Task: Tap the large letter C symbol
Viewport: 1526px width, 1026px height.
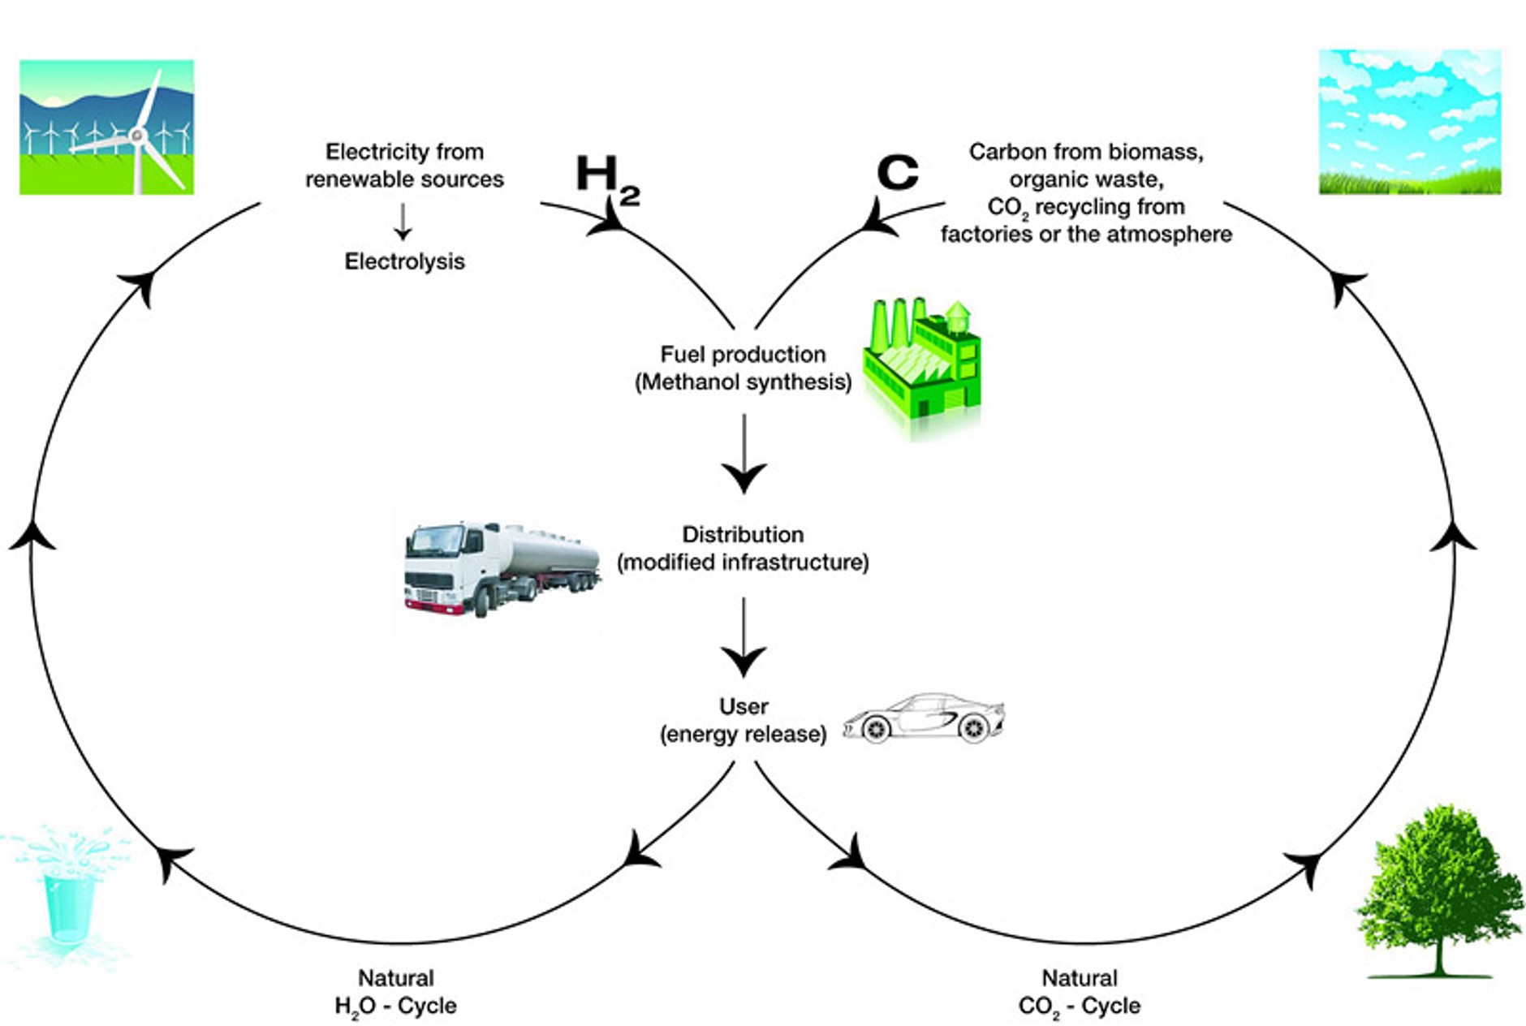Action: click(x=897, y=172)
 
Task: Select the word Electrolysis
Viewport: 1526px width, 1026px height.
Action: click(x=404, y=261)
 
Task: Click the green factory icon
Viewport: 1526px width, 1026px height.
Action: click(x=922, y=361)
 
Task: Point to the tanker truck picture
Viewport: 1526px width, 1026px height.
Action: click(x=502, y=568)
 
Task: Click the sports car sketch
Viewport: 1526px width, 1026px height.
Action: click(x=924, y=718)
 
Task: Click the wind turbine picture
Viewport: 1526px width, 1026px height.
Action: click(x=106, y=127)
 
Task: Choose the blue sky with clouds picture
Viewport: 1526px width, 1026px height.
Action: click(x=1409, y=122)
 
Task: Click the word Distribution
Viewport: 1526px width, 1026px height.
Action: click(x=743, y=534)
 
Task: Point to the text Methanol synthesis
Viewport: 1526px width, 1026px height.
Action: click(x=743, y=382)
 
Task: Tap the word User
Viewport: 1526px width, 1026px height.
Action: click(x=744, y=706)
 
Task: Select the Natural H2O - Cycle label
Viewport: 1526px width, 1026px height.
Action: click(x=395, y=992)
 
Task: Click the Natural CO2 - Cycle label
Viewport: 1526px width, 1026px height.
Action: click(x=1079, y=992)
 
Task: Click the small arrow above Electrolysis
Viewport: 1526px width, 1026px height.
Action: click(x=403, y=221)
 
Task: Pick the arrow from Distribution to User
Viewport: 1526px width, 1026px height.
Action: click(x=744, y=637)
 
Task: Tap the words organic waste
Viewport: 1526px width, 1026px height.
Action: click(x=1086, y=179)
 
